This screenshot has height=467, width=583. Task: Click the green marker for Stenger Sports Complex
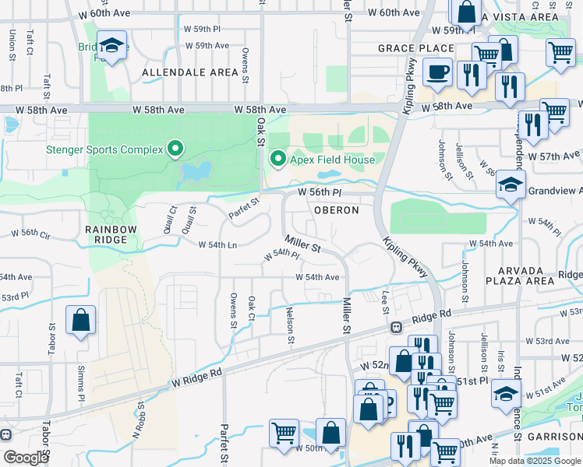click(176, 149)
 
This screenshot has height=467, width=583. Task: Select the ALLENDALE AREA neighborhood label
click(190, 72)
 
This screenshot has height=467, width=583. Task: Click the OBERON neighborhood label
click(337, 210)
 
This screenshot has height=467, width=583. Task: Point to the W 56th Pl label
click(320, 191)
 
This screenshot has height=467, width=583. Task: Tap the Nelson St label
click(291, 327)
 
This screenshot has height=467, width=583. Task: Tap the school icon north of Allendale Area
click(112, 46)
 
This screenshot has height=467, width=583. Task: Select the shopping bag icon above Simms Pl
click(81, 320)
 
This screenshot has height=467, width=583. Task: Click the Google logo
click(26, 458)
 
